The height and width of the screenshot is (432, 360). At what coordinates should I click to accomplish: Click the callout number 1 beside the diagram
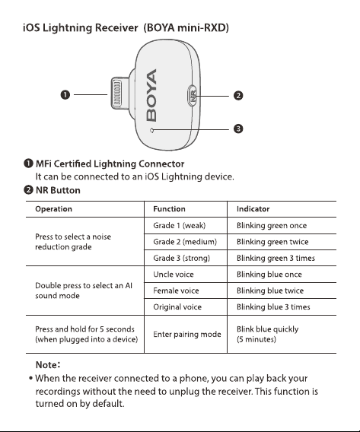pyautogui.click(x=65, y=95)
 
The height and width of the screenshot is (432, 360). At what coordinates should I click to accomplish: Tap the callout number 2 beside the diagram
pyautogui.click(x=238, y=96)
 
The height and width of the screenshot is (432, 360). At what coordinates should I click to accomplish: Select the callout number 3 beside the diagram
pyautogui.click(x=238, y=129)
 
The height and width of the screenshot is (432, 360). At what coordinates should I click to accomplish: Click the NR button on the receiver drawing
pyautogui.click(x=193, y=96)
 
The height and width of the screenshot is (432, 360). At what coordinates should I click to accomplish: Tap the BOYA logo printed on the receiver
pyautogui.click(x=151, y=95)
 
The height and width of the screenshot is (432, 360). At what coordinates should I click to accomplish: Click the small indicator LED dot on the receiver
pyautogui.click(x=151, y=130)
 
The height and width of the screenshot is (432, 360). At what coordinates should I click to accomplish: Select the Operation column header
pyautogui.click(x=53, y=209)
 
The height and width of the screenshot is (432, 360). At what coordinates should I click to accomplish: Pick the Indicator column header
pyautogui.click(x=253, y=209)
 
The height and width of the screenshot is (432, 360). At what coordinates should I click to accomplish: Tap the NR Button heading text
pyautogui.click(x=58, y=190)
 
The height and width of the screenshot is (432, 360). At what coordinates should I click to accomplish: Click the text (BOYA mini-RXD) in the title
pyautogui.click(x=186, y=28)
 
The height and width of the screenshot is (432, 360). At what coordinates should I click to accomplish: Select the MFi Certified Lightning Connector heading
pyautogui.click(x=110, y=164)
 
